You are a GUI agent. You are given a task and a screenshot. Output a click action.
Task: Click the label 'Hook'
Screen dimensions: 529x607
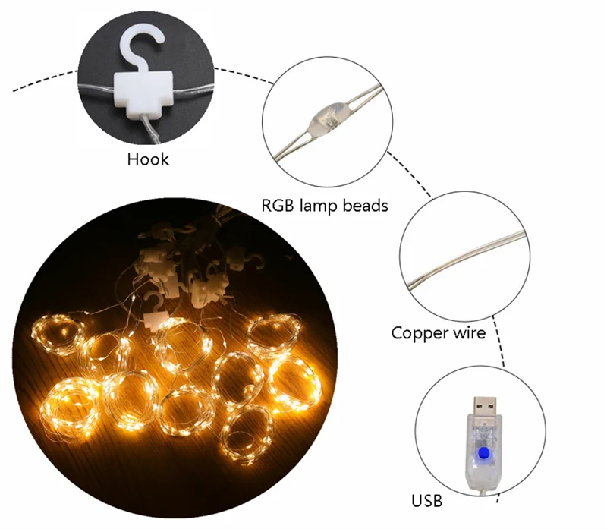coord(148,159)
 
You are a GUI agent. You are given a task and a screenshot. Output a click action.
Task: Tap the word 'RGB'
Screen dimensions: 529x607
coord(278,205)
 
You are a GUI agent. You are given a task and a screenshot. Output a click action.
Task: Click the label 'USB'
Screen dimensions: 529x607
coord(426,501)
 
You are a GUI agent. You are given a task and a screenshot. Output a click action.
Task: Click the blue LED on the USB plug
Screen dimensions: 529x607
coord(481,455)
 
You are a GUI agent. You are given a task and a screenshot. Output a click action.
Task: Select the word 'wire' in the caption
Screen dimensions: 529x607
coord(468,332)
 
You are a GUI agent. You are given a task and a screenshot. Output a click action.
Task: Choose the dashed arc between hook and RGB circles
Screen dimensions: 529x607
coord(243,74)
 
